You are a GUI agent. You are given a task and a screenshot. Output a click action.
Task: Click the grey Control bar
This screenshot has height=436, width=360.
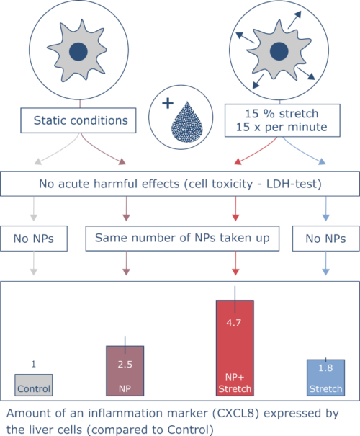[34, 385]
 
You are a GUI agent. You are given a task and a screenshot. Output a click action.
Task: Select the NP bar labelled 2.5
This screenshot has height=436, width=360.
[125, 371]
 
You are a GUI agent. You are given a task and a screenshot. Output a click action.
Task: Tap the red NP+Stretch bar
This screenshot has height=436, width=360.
[235, 348]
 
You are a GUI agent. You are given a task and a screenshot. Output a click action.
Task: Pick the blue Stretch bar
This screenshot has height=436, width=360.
[326, 378]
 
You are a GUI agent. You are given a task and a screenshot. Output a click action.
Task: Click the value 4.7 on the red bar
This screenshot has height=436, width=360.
[233, 323]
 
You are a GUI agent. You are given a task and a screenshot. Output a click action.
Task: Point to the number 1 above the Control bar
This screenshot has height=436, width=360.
[34, 364]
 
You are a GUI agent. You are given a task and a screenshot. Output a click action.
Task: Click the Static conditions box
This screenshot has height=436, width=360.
[78, 120]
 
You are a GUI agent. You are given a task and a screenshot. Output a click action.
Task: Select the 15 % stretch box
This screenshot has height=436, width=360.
[282, 120]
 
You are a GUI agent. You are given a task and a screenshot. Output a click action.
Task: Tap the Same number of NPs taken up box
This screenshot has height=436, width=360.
[182, 239]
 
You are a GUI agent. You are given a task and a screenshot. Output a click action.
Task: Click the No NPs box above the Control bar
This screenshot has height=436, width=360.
[34, 239]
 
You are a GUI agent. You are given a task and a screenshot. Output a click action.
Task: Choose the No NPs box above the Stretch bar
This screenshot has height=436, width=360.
[326, 239]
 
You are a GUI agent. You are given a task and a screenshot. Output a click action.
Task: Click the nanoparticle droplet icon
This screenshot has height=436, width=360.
[187, 122]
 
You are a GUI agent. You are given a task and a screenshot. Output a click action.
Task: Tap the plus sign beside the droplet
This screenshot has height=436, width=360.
[168, 104]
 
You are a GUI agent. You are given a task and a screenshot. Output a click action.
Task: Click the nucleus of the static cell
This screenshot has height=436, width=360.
[78, 52]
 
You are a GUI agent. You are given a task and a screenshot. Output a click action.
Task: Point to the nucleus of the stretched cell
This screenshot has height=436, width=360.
[279, 51]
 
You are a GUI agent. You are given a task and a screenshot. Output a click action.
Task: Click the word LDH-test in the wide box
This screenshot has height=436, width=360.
[294, 184]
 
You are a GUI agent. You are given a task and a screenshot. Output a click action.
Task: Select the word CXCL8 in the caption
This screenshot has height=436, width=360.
[236, 413]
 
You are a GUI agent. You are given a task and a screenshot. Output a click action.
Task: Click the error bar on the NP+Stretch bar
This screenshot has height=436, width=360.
[235, 300]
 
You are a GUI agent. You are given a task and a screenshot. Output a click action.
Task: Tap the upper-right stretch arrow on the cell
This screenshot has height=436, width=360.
[294, 19]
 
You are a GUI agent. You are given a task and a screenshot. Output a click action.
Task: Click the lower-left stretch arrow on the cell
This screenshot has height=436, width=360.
[258, 81]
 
